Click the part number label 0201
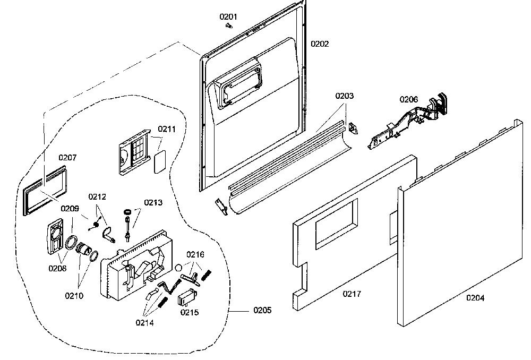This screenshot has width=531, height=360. tap(228, 16)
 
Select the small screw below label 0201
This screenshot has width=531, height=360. tap(229, 25)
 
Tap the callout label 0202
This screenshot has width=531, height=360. tap(320, 44)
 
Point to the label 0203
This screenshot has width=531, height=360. tap(345, 96)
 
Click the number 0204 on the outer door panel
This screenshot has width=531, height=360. tap(475, 298)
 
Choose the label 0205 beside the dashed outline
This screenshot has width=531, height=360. tap(262, 310)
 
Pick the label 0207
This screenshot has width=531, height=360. tap(68, 158)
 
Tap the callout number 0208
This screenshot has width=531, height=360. tap(57, 269)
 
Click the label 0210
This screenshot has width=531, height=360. tap(74, 296)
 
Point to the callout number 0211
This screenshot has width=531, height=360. tap(167, 129)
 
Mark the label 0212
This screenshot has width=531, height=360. tap(97, 197)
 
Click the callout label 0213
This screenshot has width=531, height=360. tap(153, 202)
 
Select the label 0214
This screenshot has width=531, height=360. tap(144, 323)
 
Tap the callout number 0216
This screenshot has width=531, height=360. tap(195, 254)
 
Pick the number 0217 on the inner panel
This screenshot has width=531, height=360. tap(352, 294)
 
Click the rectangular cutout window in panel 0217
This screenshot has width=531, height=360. tap(337, 224)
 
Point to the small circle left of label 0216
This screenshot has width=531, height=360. tap(179, 268)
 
